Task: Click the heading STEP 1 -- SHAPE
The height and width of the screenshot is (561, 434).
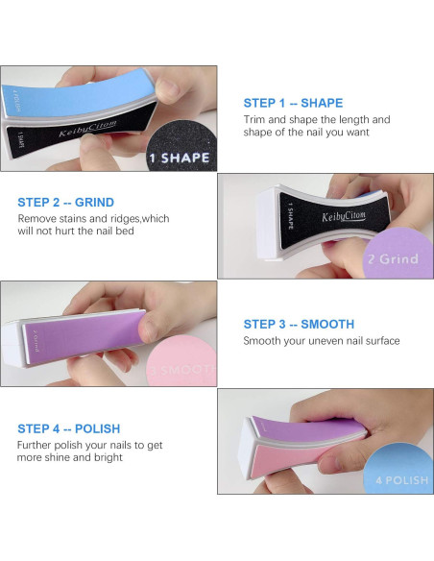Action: click(293, 103)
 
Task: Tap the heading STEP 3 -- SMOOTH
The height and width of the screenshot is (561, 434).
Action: click(299, 325)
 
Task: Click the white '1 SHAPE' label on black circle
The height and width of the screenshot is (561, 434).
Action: click(180, 158)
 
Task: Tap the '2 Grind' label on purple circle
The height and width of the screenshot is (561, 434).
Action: click(392, 258)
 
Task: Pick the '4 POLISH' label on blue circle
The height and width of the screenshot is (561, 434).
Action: click(401, 478)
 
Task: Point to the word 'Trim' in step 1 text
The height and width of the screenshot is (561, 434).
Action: click(254, 120)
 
